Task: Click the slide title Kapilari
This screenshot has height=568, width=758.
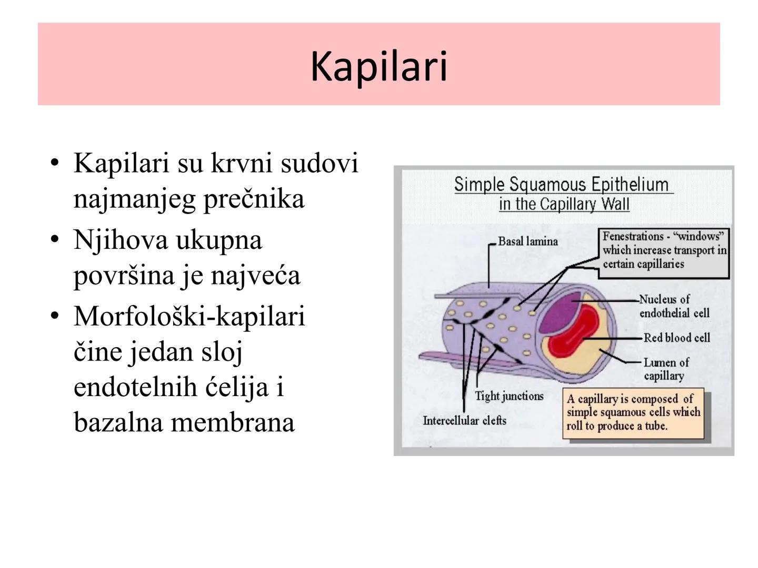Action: [x=378, y=66]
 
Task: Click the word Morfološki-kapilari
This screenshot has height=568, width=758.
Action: [x=189, y=317]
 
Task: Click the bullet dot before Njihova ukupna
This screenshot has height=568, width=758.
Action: [x=54, y=240]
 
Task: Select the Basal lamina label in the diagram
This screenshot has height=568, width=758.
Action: [x=527, y=241]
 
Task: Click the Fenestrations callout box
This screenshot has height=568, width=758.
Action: [x=664, y=251]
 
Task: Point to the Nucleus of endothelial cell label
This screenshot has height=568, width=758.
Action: [x=674, y=306]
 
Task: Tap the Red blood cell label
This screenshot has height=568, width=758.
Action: [x=676, y=338]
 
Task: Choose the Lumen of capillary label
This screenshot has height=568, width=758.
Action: [x=665, y=369]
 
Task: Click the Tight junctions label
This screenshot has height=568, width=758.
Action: [x=509, y=396]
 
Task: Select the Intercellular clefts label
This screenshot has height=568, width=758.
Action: [x=464, y=420]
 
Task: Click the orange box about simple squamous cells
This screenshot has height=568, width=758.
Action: [x=633, y=413]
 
